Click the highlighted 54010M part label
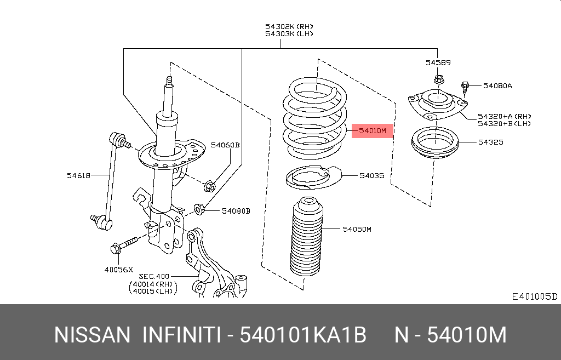point(373,131)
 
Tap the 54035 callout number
point(372,176)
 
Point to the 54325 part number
point(490,142)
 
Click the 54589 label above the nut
point(438,63)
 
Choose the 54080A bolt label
point(497,85)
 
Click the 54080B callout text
point(236,210)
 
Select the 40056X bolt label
point(119,270)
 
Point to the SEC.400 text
point(154,276)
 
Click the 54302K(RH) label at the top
point(289,26)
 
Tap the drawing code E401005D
point(534,296)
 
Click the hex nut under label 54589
point(438,80)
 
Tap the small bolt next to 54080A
point(465,87)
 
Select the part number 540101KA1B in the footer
point(304,335)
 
